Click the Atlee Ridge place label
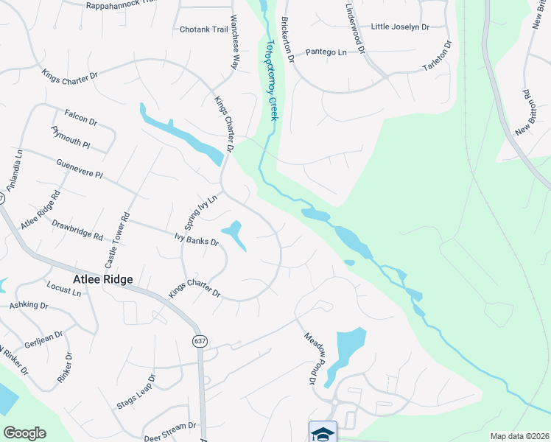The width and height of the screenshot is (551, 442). pyautogui.click(x=103, y=279)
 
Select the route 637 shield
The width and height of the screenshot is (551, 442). pyautogui.click(x=200, y=341)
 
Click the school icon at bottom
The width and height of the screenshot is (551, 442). pyautogui.click(x=323, y=432)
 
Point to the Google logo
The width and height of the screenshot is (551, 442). pyautogui.click(x=24, y=433)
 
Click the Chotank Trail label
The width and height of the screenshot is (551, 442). pyautogui.click(x=204, y=29)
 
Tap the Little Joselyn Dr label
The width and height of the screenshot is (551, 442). pyautogui.click(x=400, y=27)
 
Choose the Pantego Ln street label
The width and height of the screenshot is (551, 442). pyautogui.click(x=326, y=52)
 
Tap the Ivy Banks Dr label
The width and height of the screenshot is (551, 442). pyautogui.click(x=197, y=239)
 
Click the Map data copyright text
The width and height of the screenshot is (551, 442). pyautogui.click(x=519, y=436)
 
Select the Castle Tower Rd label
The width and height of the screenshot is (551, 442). pyautogui.click(x=116, y=240)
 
